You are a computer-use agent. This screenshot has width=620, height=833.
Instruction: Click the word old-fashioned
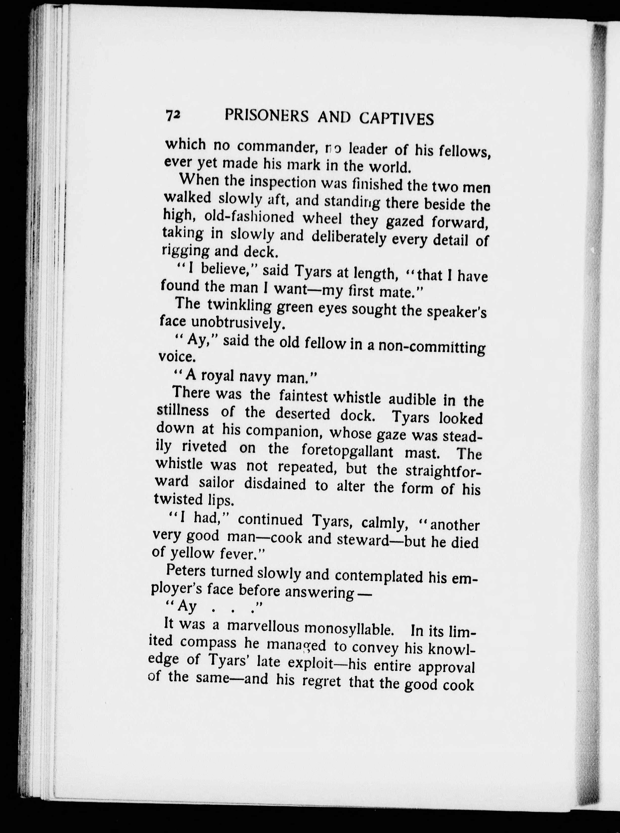(x=249, y=217)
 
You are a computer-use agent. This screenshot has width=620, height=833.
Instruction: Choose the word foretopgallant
(x=347, y=450)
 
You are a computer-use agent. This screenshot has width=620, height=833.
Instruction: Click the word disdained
(x=275, y=484)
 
